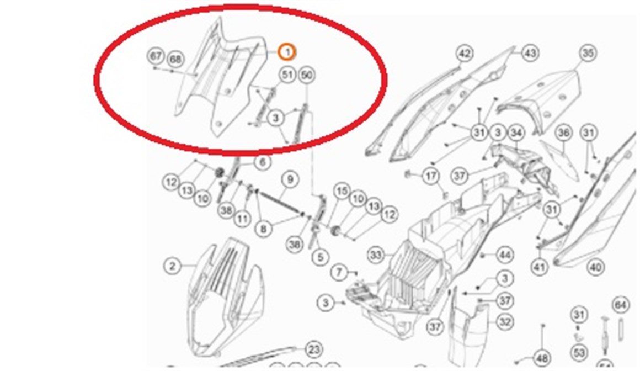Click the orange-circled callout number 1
tap(287, 52)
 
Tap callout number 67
tap(156, 56)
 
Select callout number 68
tap(175, 58)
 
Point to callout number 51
tap(287, 75)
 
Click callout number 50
tap(307, 75)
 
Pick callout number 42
tap(465, 54)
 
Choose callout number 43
tap(530, 54)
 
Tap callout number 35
tap(588, 54)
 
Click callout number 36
tap(563, 133)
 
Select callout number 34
tap(516, 133)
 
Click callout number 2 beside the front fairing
tap(173, 266)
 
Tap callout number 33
tap(376, 255)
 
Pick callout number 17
tap(430, 177)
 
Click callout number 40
tap(595, 268)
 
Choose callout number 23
tap(314, 349)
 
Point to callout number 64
tap(621, 304)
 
